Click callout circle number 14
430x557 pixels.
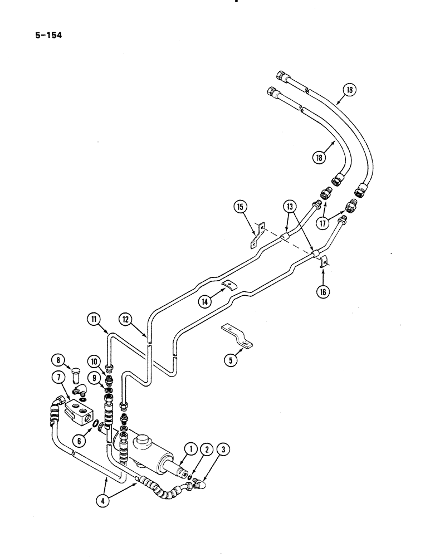[x=206, y=301]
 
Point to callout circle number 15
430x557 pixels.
[x=241, y=208]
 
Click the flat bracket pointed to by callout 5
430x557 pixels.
[x=237, y=336]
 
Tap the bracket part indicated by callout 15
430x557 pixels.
[x=255, y=236]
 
